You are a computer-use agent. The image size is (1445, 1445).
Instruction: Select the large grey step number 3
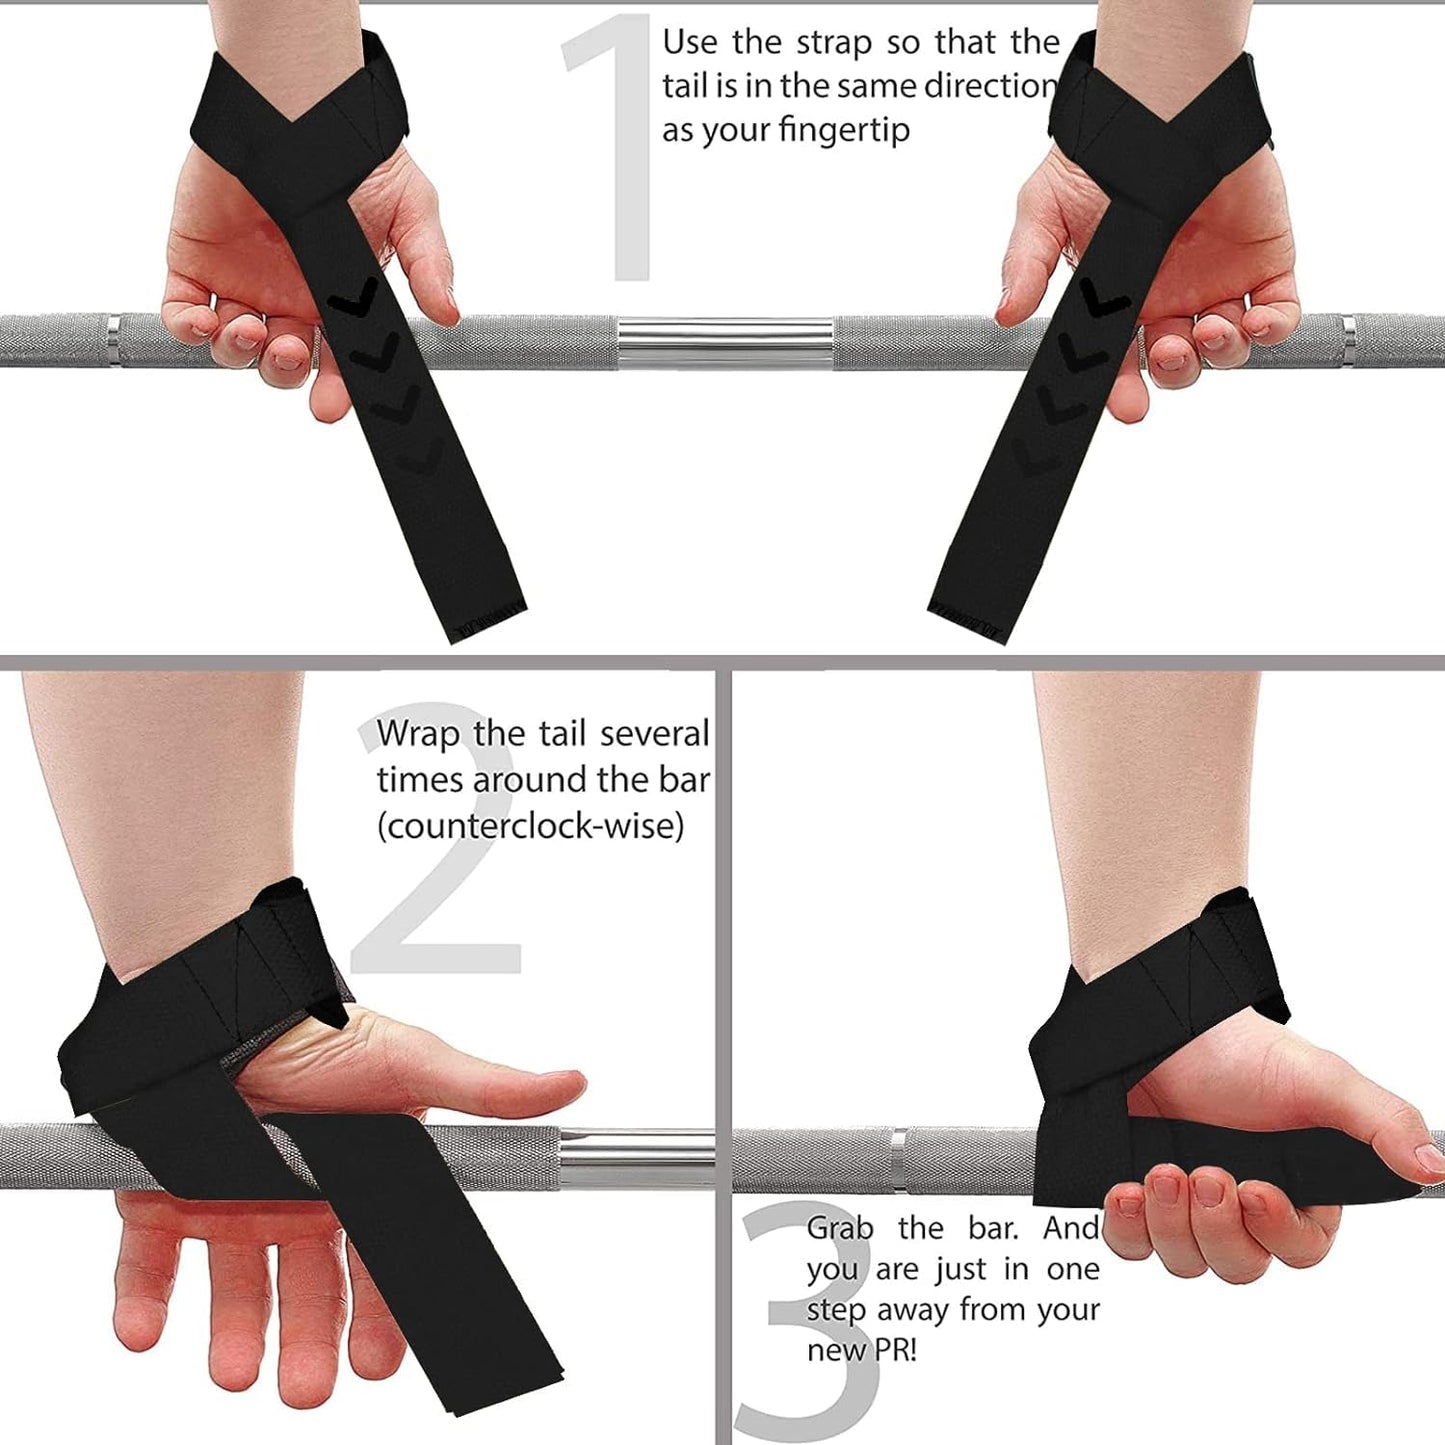click(800, 1320)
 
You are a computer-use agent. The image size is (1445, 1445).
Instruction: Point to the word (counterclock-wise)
click(530, 827)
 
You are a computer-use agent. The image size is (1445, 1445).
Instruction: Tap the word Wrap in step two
click(419, 734)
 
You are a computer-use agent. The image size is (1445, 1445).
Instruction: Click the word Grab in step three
click(840, 1228)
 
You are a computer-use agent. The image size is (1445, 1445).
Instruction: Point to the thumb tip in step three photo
click(1425, 1160)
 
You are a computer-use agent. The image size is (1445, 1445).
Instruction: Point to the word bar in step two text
click(685, 780)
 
